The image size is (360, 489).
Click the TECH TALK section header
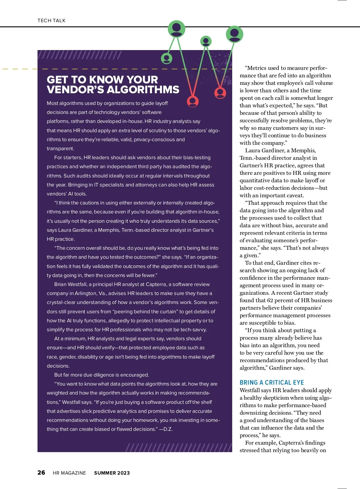pyautogui.click(x=51, y=20)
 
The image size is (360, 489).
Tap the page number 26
pyautogui.click(x=41, y=473)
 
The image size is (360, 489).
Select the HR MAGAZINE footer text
pyautogui.click(x=69, y=473)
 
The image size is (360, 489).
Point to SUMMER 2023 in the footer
pyautogui.click(x=112, y=473)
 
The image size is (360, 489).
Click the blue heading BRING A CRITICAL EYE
pyautogui.click(x=271, y=382)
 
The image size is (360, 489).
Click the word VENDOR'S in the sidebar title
pyautogui.click(x=75, y=90)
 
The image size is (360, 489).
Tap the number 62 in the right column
pyautogui.click(x=270, y=300)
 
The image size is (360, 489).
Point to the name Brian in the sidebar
pyautogui.click(x=60, y=284)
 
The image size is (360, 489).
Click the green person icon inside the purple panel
pyautogui.click(x=166, y=58)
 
